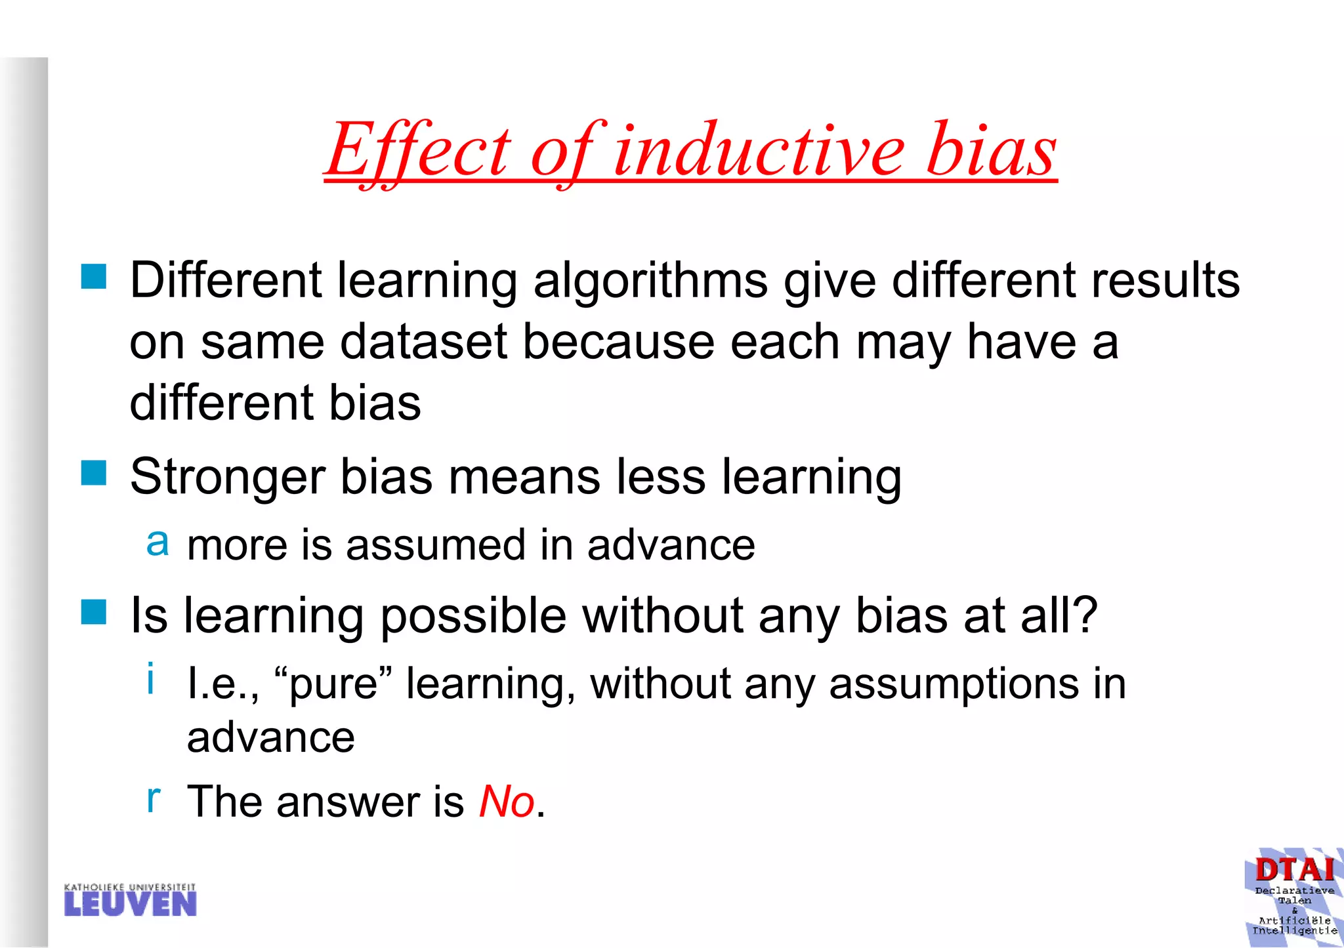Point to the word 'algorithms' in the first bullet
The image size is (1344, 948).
click(x=650, y=281)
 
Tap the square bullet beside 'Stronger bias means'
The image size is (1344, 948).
click(x=94, y=472)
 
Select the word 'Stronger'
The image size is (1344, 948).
click(x=227, y=478)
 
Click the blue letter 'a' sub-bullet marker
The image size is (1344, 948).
click(x=157, y=543)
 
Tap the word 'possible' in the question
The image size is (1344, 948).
click(x=473, y=617)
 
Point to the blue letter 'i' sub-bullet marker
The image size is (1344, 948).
click(x=151, y=678)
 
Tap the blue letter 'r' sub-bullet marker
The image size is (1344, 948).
click(x=153, y=798)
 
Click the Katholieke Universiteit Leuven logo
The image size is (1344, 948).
click(x=131, y=900)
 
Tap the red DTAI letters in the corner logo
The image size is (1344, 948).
click(x=1294, y=870)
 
